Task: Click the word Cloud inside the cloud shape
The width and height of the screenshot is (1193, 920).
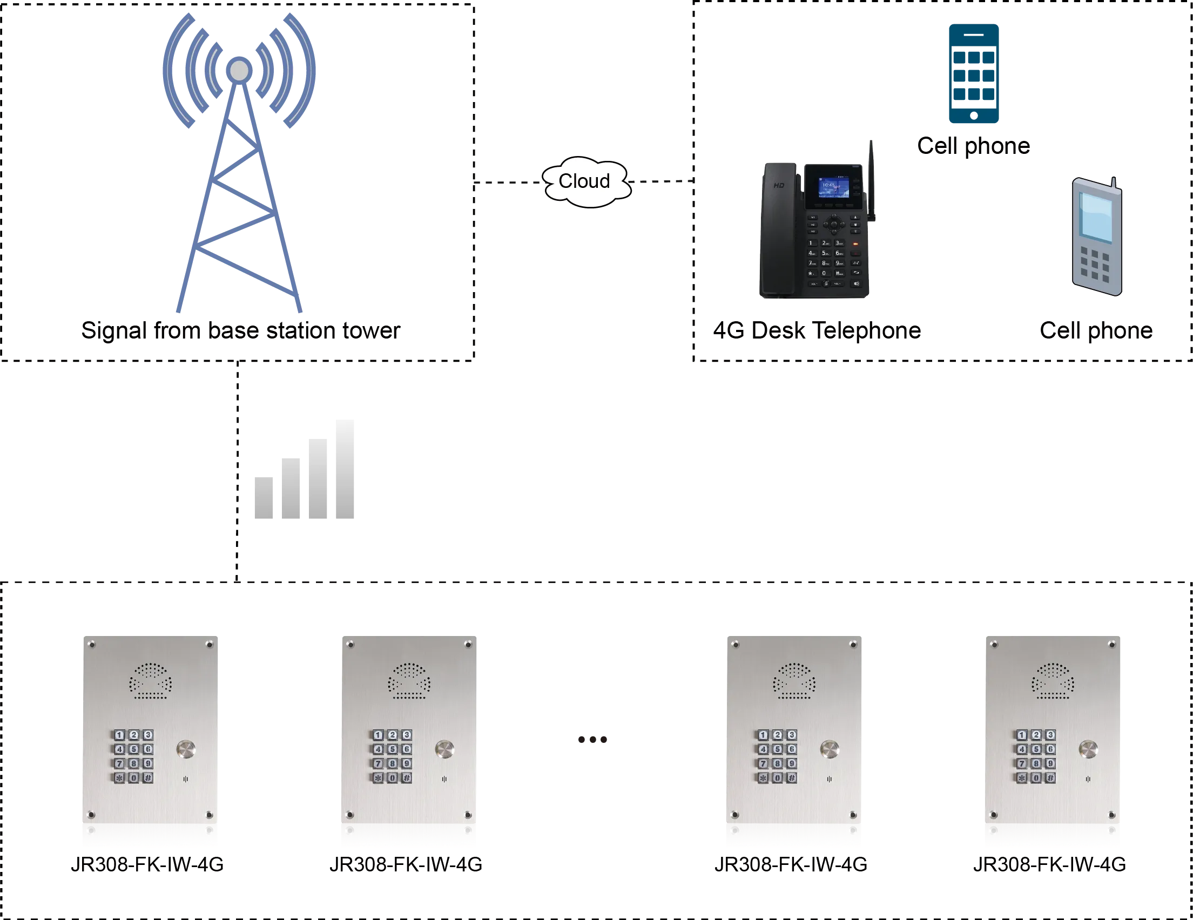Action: click(x=584, y=181)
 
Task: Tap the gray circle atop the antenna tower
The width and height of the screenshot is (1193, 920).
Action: click(x=239, y=70)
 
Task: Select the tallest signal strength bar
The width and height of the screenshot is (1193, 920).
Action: click(x=343, y=470)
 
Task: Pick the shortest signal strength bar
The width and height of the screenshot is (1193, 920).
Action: click(x=264, y=498)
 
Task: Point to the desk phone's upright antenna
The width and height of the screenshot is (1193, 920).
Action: click(x=871, y=180)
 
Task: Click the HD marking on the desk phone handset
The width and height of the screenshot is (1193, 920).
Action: click(x=779, y=186)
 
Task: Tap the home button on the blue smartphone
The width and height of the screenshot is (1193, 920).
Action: click(x=973, y=115)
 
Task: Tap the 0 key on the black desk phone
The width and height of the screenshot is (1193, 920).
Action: click(x=824, y=273)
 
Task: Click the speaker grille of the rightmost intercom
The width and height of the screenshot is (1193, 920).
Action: click(x=1053, y=681)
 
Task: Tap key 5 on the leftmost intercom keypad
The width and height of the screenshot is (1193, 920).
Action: click(x=133, y=749)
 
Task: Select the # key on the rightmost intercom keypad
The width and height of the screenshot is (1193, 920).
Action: click(x=1050, y=777)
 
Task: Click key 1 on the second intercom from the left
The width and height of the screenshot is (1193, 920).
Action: click(x=378, y=735)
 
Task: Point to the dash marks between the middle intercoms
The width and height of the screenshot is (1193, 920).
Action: click(x=591, y=739)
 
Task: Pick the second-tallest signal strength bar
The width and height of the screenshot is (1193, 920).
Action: click(x=318, y=479)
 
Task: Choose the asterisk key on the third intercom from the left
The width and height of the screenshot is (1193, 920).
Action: click(x=763, y=777)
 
